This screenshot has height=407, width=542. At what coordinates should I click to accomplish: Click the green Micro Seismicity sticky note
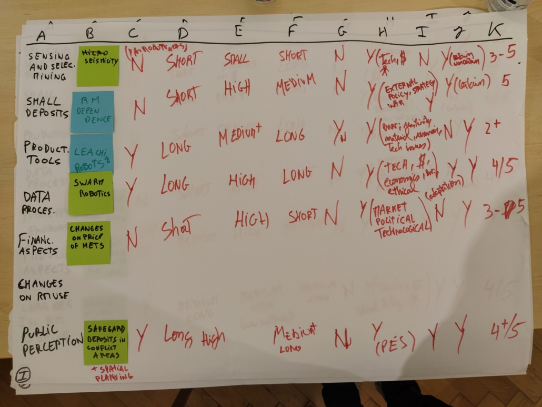coord(98,65)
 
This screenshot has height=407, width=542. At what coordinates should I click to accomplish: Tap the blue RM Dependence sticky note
coord(92,111)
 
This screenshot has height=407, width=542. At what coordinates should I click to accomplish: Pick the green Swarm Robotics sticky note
coord(91,193)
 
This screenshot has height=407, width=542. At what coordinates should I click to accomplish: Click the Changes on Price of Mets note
coord(88,242)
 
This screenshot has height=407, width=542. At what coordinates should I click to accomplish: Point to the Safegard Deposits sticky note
coord(105,342)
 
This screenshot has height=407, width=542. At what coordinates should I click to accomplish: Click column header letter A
coord(42,36)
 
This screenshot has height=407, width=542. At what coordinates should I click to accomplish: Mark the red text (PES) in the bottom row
coord(397,344)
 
